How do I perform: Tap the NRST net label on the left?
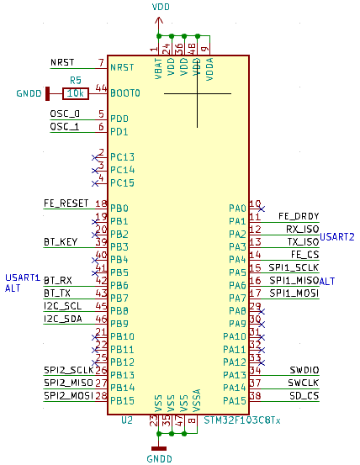(x=62, y=63)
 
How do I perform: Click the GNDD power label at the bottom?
(x=159, y=459)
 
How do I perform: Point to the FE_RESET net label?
(x=66, y=203)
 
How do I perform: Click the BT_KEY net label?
(x=61, y=242)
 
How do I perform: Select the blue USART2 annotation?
(x=337, y=236)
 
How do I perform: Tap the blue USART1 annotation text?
(x=23, y=277)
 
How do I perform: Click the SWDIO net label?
(x=304, y=370)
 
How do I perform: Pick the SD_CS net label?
(x=304, y=395)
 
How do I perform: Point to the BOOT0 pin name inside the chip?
(x=125, y=92)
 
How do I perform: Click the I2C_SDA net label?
(x=63, y=319)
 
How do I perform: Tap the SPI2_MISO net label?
(x=69, y=383)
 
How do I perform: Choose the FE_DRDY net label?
(x=299, y=216)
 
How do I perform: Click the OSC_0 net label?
(x=65, y=114)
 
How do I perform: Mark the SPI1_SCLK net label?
(x=294, y=267)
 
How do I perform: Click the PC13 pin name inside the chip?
(x=122, y=157)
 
